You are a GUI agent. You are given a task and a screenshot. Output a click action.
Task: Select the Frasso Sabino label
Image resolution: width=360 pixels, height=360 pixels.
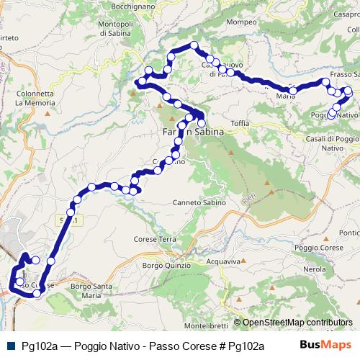[x=344, y=74]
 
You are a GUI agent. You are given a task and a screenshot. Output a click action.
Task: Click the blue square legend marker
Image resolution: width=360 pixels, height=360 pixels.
[x=9, y=346]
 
